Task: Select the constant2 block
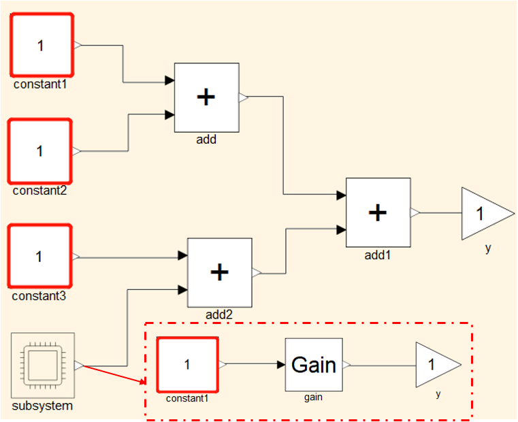pyautogui.click(x=40, y=150)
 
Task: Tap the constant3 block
pyautogui.click(x=40, y=257)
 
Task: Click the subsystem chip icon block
pyautogui.click(x=42, y=366)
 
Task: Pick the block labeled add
pyautogui.click(x=206, y=97)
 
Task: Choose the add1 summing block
pyautogui.click(x=378, y=212)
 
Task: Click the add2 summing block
pyautogui.click(x=219, y=272)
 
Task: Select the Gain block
pyautogui.click(x=313, y=365)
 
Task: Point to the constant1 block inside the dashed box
pyautogui.click(x=187, y=364)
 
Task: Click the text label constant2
pyautogui.click(x=39, y=191)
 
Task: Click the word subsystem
pyautogui.click(x=42, y=406)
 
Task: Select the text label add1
pyautogui.click(x=378, y=255)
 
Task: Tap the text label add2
pyautogui.click(x=218, y=314)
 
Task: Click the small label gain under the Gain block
pyautogui.click(x=313, y=397)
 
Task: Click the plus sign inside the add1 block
pyautogui.click(x=378, y=212)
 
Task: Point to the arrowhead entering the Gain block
pyautogui.click(x=280, y=365)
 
